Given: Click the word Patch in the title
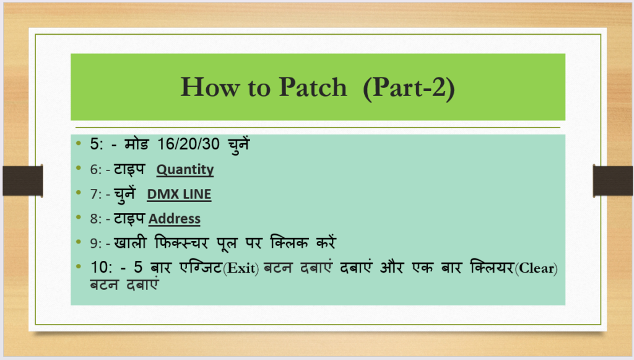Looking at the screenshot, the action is [313, 87].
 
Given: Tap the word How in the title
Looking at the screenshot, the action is [209, 87].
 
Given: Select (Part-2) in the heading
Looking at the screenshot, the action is [409, 88].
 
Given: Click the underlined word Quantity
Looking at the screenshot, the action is [185, 170].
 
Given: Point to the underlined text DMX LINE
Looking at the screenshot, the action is [179, 194].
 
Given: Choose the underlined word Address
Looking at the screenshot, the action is [174, 219].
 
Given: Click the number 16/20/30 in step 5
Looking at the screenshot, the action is [188, 144].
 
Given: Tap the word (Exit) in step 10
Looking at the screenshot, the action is [241, 268].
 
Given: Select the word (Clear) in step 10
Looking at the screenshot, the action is [536, 268].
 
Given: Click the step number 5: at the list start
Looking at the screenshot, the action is [97, 144].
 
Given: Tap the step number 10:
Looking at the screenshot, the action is [101, 268].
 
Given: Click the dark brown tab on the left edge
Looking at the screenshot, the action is [23, 180].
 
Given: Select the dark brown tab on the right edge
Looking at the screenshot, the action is [613, 180].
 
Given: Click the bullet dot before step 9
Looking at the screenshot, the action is [79, 242].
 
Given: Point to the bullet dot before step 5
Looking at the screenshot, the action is [79, 143].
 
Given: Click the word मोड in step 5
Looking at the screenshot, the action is [137, 144].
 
